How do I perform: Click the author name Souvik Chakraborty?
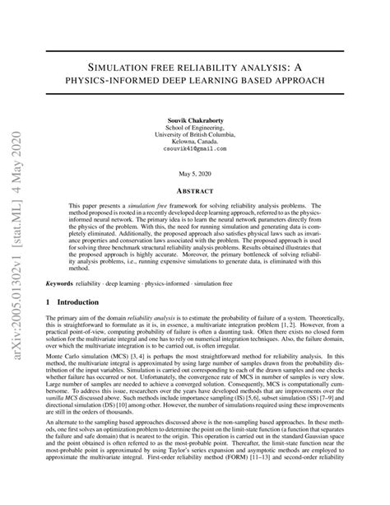pos(195,120)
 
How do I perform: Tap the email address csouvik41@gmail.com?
pos(195,149)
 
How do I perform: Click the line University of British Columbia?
pos(195,134)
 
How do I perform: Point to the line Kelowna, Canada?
pos(195,142)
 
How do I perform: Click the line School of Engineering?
pos(195,128)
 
